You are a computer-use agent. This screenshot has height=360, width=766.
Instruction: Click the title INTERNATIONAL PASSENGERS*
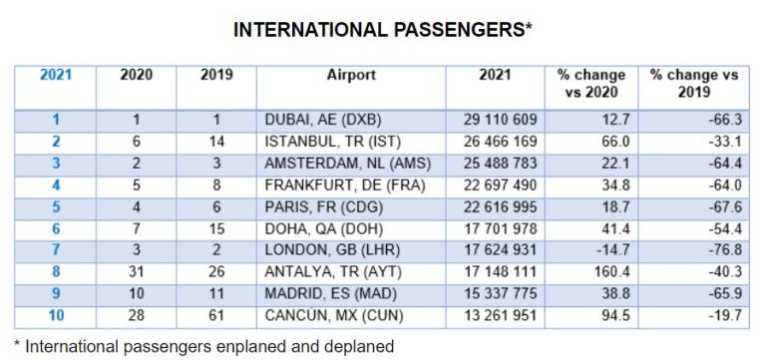[x=382, y=30]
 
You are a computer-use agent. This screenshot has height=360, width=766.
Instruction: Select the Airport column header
[x=351, y=76]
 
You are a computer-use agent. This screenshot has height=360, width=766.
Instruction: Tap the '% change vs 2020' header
[x=591, y=84]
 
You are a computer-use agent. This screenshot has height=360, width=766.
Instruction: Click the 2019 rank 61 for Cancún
[x=217, y=315]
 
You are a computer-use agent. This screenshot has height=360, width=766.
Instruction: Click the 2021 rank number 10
[x=56, y=315]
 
